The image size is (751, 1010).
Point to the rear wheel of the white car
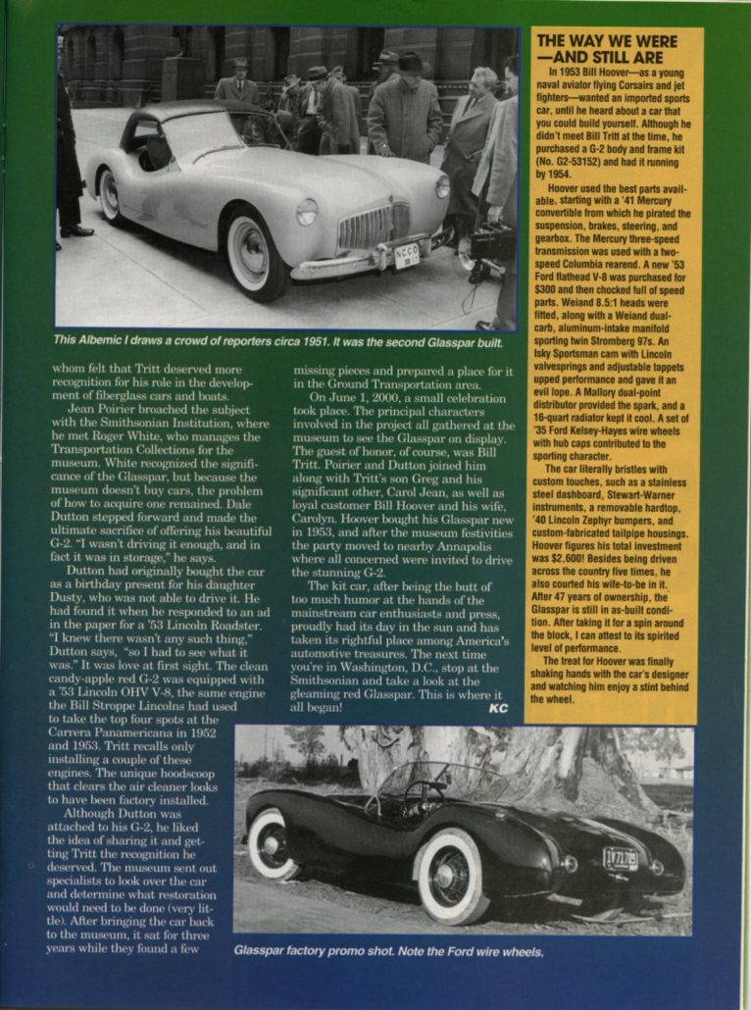(109, 194)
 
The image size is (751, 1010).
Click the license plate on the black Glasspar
(620, 858)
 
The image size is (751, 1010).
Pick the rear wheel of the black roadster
(272, 842)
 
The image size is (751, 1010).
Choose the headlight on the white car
(307, 211)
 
